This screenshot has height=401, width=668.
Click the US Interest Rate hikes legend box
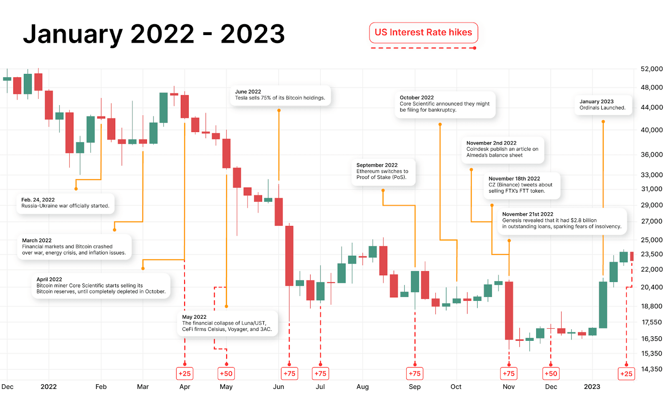coord(423,33)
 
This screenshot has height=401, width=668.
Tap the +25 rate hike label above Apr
coord(185,373)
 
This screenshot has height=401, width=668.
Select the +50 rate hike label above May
coord(226,373)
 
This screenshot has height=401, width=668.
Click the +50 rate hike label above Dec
coord(551,373)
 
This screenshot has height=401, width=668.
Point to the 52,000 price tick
coord(651,69)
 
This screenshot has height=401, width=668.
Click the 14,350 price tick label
coord(651,369)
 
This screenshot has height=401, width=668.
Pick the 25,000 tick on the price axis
coord(651,240)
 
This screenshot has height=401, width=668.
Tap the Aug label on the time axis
coord(362,387)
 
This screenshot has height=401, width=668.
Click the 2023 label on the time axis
coord(592,387)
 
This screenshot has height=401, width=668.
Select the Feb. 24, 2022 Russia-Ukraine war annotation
coord(65,203)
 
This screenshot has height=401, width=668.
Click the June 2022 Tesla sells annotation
coord(280,95)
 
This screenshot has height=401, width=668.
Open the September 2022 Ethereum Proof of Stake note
coord(382,171)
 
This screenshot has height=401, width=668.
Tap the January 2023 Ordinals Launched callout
coord(602,104)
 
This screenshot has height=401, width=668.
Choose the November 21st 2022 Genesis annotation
coord(562,220)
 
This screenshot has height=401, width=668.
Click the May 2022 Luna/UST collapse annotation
coord(227,323)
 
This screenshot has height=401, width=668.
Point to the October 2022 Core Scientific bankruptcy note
coord(445,104)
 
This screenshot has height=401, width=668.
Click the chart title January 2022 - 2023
coord(154,34)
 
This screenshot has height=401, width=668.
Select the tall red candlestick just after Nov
coord(509,310)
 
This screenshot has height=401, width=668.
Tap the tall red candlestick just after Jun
coord(289,256)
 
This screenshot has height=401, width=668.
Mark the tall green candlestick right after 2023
coord(603,305)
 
